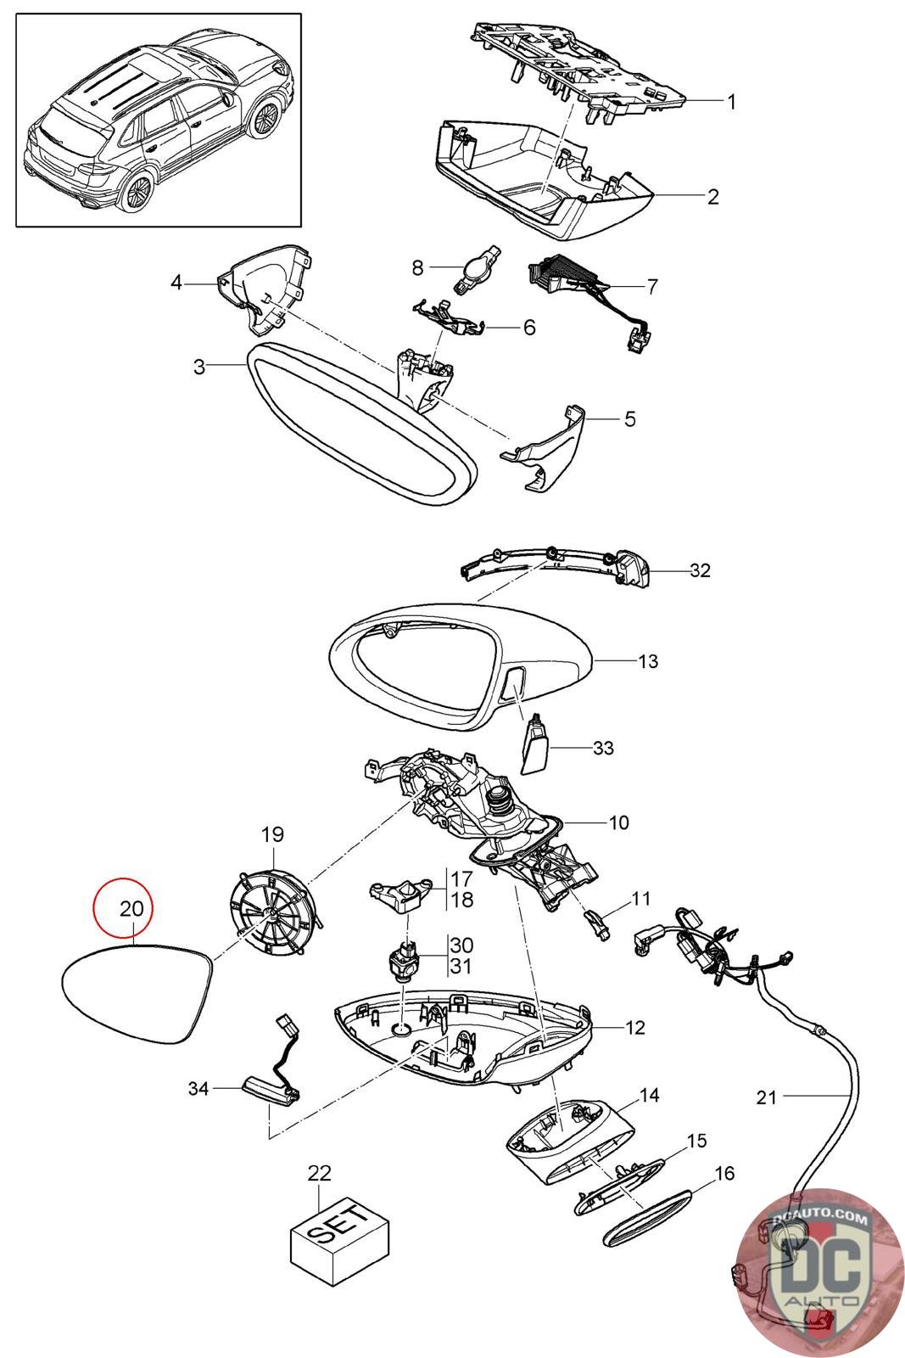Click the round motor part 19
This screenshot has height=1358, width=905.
[272, 909]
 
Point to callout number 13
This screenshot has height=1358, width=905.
[647, 661]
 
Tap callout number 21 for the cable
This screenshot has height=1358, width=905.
[767, 1097]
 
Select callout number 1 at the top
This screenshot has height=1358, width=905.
[731, 102]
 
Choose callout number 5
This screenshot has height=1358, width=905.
[629, 419]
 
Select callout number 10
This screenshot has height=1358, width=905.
[618, 822]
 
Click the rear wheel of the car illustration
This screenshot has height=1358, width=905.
[135, 191]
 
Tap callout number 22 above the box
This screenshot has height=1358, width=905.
[319, 1173]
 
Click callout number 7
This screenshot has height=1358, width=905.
[651, 287]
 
